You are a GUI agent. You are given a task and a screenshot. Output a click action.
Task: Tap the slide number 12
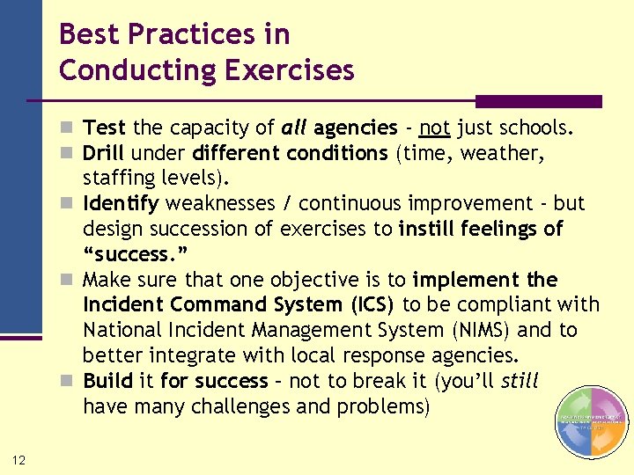[x=18, y=459]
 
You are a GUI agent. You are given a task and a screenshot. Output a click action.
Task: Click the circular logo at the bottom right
[x=591, y=423]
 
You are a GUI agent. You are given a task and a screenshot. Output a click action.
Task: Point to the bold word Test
[x=104, y=128]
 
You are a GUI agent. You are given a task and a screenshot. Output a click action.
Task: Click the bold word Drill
[x=104, y=153]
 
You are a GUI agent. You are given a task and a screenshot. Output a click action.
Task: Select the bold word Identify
[x=121, y=204]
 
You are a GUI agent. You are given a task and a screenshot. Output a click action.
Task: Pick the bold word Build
[x=106, y=381]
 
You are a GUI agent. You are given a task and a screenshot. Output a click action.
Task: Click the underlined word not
[x=434, y=128]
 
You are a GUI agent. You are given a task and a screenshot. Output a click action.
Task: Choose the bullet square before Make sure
[x=71, y=281]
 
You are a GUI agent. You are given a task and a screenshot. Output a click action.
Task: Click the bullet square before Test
[x=71, y=129]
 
